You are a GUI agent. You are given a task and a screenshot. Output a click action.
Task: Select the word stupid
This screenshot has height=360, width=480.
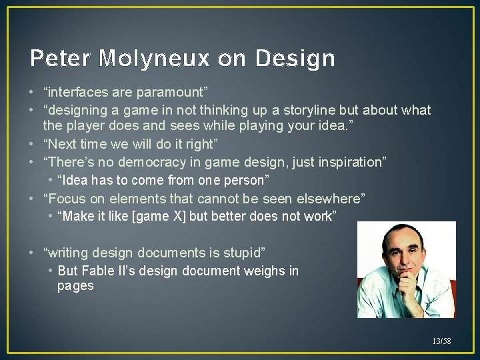pos(242,253)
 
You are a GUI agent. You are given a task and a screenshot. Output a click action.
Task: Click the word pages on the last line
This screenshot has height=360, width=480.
pos(75,286)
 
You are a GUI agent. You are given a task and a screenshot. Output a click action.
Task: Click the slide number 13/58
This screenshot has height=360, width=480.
pos(441,341)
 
